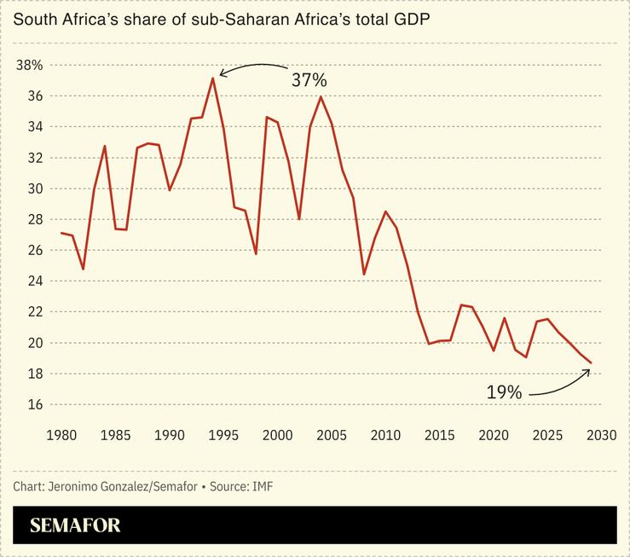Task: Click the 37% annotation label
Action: point(309,80)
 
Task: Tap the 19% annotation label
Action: point(504,392)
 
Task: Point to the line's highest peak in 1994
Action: point(212,78)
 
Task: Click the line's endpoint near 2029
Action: point(591,363)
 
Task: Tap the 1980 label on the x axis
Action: point(61,435)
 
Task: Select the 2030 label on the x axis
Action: point(601,435)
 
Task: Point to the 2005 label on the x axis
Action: point(331,435)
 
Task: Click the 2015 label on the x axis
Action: point(439,435)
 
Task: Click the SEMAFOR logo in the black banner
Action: point(76,525)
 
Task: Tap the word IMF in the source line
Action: point(261,486)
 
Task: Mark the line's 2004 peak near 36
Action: point(320,96)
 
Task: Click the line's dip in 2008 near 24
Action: point(364,274)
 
